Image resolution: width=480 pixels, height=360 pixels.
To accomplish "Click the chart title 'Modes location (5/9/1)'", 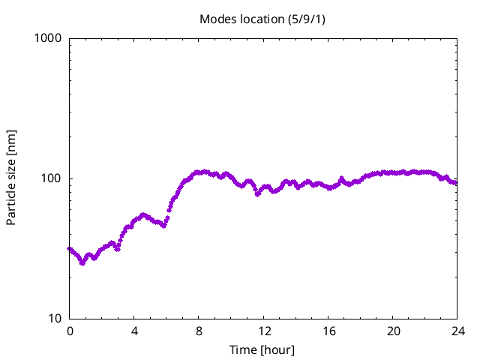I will [x=262, y=19].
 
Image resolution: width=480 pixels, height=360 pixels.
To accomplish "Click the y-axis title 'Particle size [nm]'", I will [x=11, y=178].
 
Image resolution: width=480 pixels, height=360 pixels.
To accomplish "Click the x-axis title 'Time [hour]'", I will [x=262, y=349].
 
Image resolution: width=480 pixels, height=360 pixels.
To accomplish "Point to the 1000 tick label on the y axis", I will [x=49, y=38].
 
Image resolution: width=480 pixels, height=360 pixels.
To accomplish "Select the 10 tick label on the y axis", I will [x=55, y=319].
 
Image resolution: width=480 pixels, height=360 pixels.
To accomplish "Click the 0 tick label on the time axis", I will [x=70, y=331].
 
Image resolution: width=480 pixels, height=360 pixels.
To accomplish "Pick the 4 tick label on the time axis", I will [x=134, y=331].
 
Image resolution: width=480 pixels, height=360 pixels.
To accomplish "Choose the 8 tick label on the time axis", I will [x=199, y=331].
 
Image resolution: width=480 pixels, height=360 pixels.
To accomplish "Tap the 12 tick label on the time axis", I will [x=264, y=331].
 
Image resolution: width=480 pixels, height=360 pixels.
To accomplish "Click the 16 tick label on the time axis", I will [x=328, y=331].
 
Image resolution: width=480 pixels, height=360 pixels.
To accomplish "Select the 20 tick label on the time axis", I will [x=393, y=331].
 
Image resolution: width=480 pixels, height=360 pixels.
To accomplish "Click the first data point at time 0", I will [x=70, y=249].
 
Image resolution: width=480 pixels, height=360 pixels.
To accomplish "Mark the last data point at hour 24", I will [x=455, y=183].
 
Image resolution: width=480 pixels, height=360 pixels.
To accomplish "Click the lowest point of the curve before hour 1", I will [x=82, y=263].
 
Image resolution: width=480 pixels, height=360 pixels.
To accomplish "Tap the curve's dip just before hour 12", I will [x=257, y=194].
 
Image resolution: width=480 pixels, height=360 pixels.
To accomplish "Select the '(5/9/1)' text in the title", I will [x=307, y=19].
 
